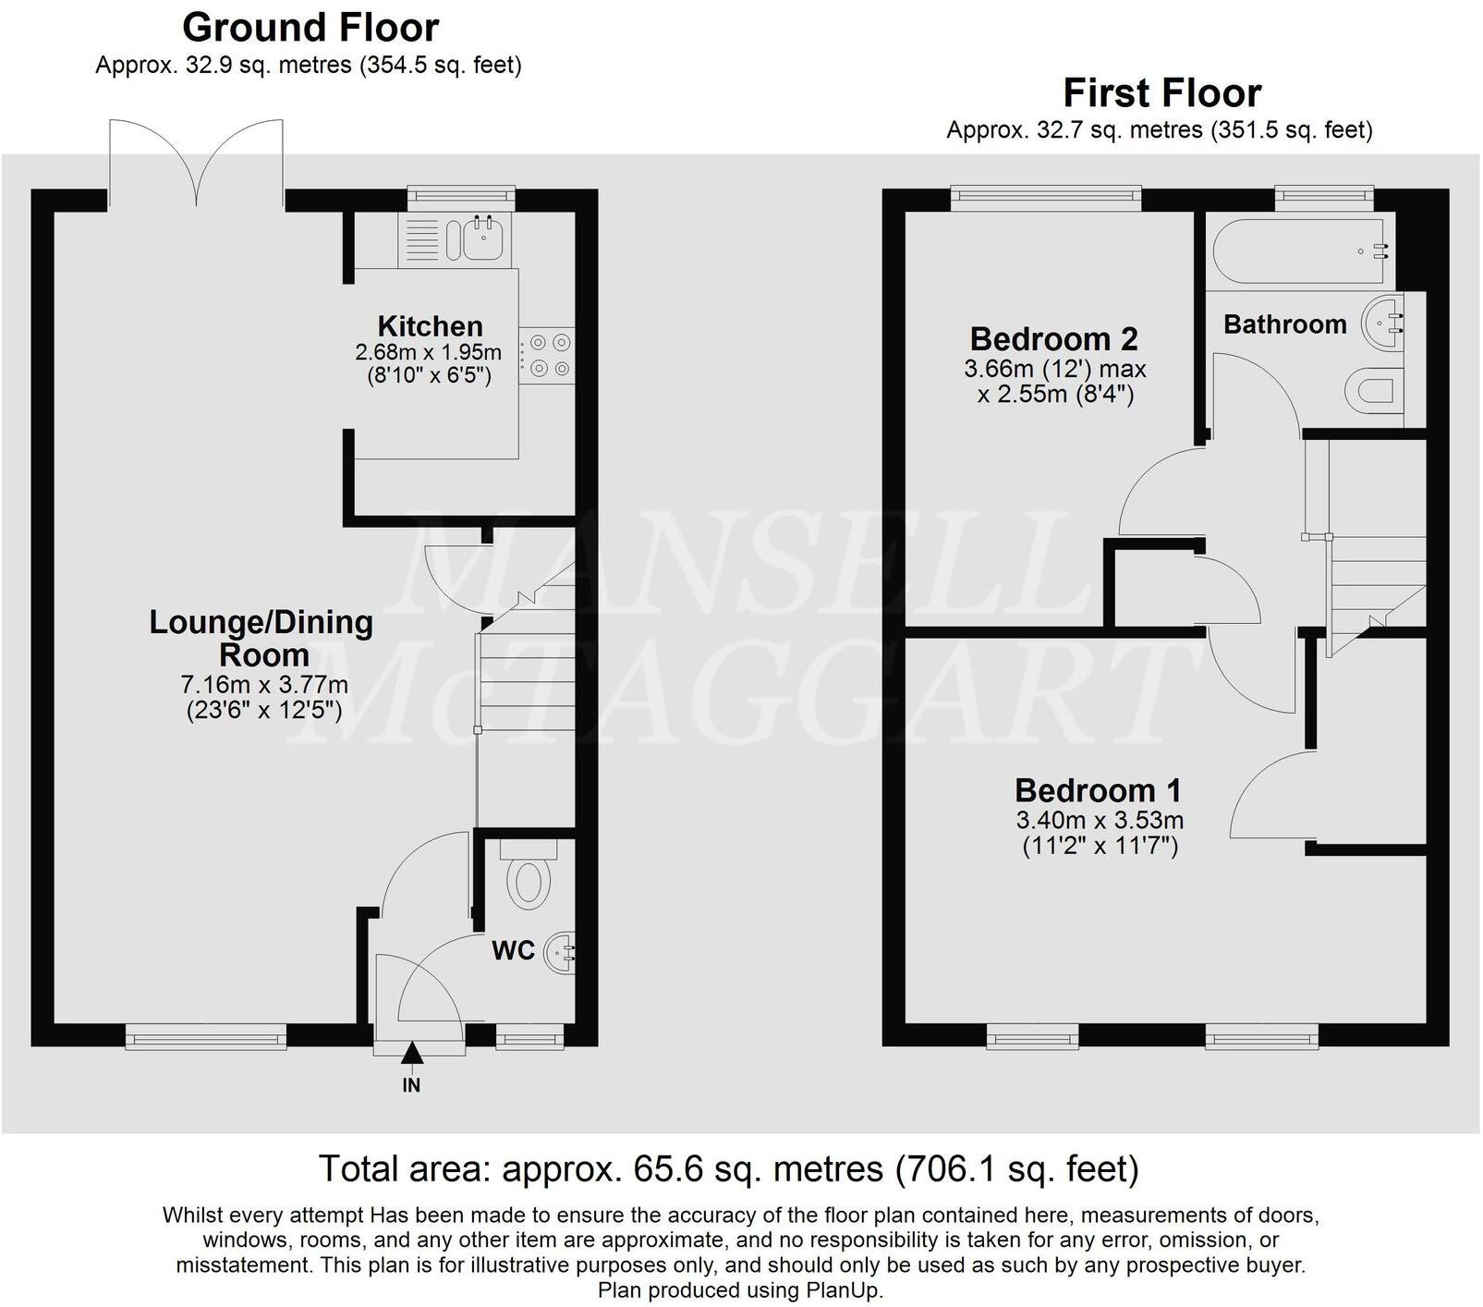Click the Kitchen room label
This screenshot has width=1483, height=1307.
430,326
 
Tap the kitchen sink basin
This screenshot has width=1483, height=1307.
483,239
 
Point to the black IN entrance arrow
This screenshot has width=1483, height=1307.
411,1053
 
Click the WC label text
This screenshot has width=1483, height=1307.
513,950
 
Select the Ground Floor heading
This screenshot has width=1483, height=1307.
310,28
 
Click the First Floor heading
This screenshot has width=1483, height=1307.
1161,93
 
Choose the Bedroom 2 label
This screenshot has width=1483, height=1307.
1053,338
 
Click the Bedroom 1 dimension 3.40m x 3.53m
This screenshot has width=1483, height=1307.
1100,820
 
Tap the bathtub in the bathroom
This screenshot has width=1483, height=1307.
1298,250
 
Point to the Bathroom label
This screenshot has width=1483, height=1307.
1284,324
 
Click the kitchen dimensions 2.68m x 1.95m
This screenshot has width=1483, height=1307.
428,352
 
